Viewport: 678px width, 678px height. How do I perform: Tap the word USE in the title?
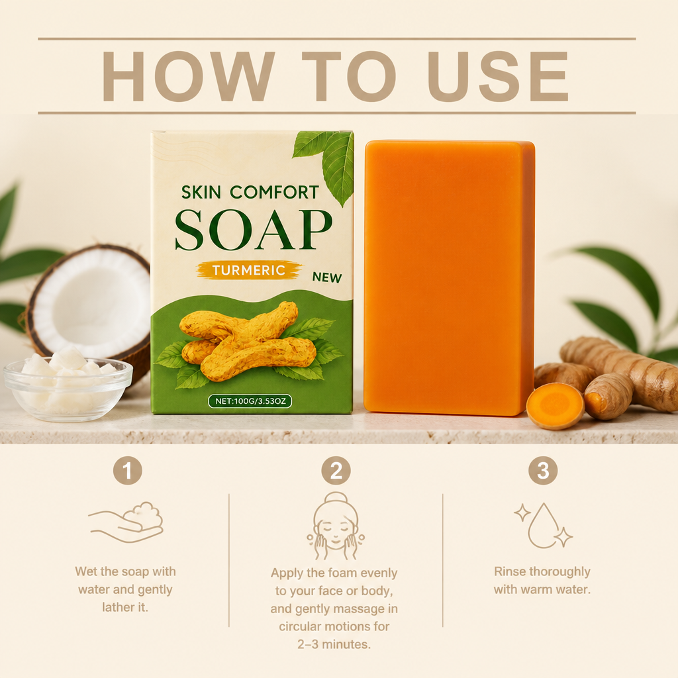click(498, 76)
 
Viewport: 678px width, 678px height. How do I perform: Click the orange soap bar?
click(450, 278)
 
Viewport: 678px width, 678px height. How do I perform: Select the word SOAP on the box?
click(254, 230)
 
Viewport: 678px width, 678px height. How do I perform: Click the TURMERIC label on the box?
click(249, 270)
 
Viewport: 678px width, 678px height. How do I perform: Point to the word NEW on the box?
click(327, 277)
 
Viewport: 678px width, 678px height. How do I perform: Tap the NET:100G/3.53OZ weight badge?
click(250, 401)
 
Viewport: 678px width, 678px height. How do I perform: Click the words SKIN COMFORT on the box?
click(250, 193)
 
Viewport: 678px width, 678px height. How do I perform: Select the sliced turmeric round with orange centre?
click(556, 406)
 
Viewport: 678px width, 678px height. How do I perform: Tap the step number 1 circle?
click(128, 471)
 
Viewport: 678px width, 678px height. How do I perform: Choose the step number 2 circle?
click(336, 471)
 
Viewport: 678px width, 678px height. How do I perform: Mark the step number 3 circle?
click(543, 471)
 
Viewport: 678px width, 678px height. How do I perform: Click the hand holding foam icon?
click(125, 522)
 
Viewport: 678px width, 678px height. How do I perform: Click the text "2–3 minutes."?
click(334, 644)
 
